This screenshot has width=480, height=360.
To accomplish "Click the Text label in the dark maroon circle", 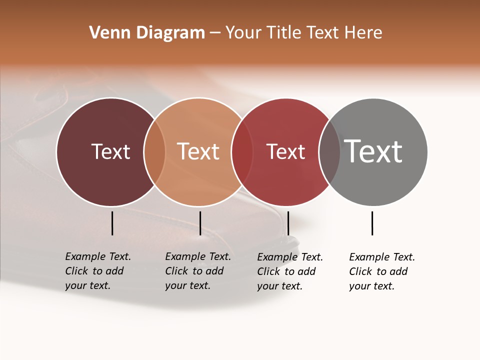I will click(x=110, y=151).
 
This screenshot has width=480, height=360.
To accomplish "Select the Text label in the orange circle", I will click(x=198, y=151).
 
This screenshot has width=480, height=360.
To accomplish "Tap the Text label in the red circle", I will click(x=285, y=151).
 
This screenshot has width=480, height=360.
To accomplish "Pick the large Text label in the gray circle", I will click(x=373, y=151).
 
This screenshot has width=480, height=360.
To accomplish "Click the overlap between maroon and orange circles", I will click(x=154, y=152).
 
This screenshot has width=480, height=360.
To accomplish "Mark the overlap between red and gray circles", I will click(x=329, y=152).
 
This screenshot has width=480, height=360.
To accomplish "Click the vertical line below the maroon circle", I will click(x=112, y=223).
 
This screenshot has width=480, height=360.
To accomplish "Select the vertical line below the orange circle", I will click(x=200, y=223).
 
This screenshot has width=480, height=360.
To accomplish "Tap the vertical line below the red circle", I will click(x=288, y=223).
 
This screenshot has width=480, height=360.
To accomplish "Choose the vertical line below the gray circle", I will click(x=372, y=223).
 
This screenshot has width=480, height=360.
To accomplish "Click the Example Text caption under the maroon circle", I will click(x=98, y=271).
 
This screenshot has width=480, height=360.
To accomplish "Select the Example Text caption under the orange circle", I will click(x=198, y=271).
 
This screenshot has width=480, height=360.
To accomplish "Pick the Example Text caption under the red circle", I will click(x=290, y=271).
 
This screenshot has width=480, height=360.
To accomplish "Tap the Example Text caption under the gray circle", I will click(x=382, y=271).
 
